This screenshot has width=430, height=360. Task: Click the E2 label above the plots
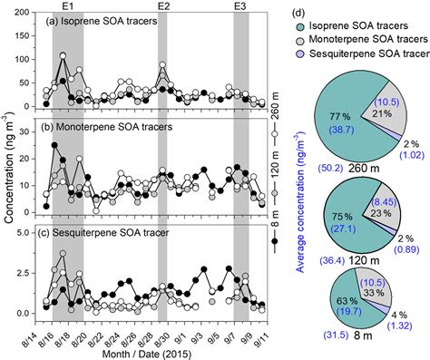[164, 6]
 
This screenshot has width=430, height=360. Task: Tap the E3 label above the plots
[240, 6]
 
